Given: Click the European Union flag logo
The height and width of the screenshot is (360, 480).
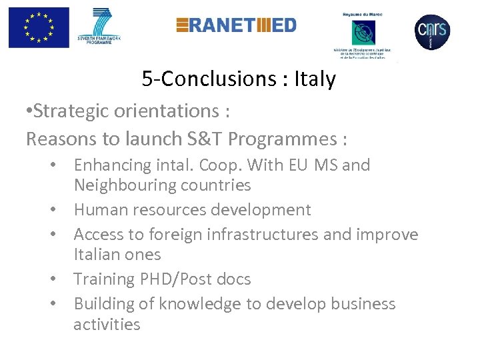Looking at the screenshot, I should point(39,27).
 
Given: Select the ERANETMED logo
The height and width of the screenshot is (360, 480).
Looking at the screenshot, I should point(236,25).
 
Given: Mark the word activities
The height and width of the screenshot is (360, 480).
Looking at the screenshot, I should point(107,325).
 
